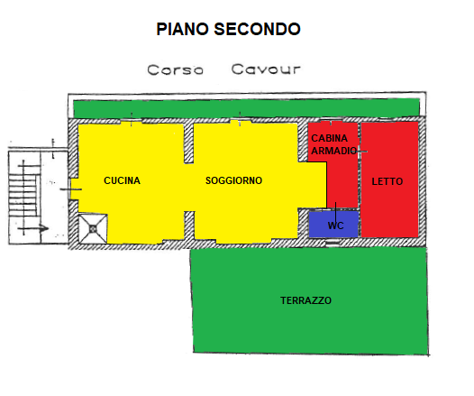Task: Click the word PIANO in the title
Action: click(182, 30)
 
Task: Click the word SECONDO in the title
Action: click(257, 30)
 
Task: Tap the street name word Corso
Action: click(175, 69)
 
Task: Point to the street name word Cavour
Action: click(266, 69)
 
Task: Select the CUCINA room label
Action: click(122, 180)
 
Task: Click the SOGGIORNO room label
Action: click(233, 180)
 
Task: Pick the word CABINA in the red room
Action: click(330, 138)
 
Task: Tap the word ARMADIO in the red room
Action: click(334, 151)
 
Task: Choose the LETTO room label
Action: click(387, 181)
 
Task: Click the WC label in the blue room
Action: click(335, 226)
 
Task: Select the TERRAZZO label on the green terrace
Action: click(305, 300)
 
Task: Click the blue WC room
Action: click(333, 225)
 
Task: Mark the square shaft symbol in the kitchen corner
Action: click(93, 229)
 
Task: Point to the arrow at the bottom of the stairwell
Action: click(33, 228)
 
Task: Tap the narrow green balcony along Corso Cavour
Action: click(246, 108)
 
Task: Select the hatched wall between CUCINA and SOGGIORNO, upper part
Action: click(188, 143)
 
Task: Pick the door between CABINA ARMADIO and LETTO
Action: click(360, 151)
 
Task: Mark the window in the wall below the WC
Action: click(333, 243)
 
